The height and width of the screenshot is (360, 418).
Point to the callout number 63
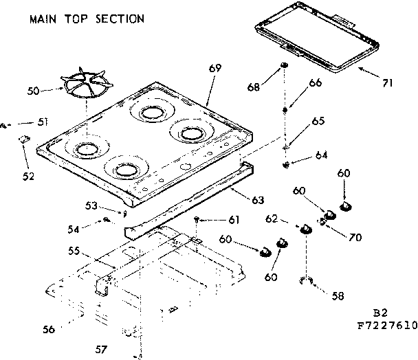(x=258, y=200)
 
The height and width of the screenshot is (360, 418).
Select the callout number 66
(x=315, y=83)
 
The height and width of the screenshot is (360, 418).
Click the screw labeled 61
(x=197, y=219)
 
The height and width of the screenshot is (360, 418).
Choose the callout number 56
(x=48, y=329)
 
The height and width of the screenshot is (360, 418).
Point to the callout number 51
(x=43, y=122)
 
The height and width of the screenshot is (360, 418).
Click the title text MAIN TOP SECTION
(x=87, y=19)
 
